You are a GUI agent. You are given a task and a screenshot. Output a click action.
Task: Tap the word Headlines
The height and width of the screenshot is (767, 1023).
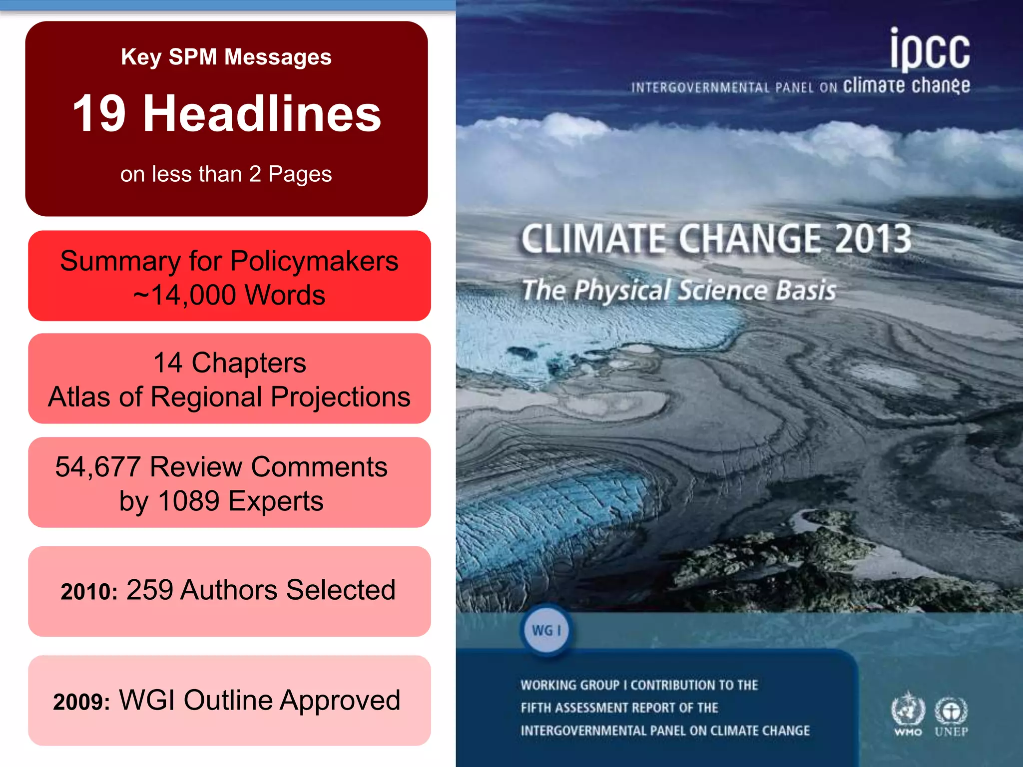tap(262, 114)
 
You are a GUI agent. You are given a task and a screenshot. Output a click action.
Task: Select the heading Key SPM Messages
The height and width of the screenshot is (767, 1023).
tap(226, 57)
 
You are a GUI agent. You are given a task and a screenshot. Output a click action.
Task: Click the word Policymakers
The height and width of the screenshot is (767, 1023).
tap(314, 261)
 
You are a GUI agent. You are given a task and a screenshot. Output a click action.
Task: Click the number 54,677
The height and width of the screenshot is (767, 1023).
tap(97, 467)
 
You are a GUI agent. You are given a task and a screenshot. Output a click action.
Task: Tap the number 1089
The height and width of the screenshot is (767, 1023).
tap(188, 501)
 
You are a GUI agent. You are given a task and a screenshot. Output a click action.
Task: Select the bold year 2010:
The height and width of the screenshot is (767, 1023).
tap(89, 592)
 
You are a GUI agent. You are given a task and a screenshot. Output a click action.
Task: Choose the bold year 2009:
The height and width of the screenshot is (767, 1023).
tap(81, 702)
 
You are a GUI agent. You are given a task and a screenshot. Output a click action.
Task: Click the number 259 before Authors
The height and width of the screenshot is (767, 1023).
tap(149, 590)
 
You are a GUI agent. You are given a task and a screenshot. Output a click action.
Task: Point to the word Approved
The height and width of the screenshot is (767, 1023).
tap(340, 700)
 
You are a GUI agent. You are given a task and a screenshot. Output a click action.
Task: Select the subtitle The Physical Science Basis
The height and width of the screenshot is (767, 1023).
tap(678, 291)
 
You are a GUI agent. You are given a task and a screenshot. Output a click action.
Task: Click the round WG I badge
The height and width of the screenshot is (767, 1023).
tap(546, 630)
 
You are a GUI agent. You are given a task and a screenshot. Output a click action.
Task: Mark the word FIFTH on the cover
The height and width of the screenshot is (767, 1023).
tap(536, 708)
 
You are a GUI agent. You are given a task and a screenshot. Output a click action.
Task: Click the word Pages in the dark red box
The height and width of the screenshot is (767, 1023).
tap(300, 174)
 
